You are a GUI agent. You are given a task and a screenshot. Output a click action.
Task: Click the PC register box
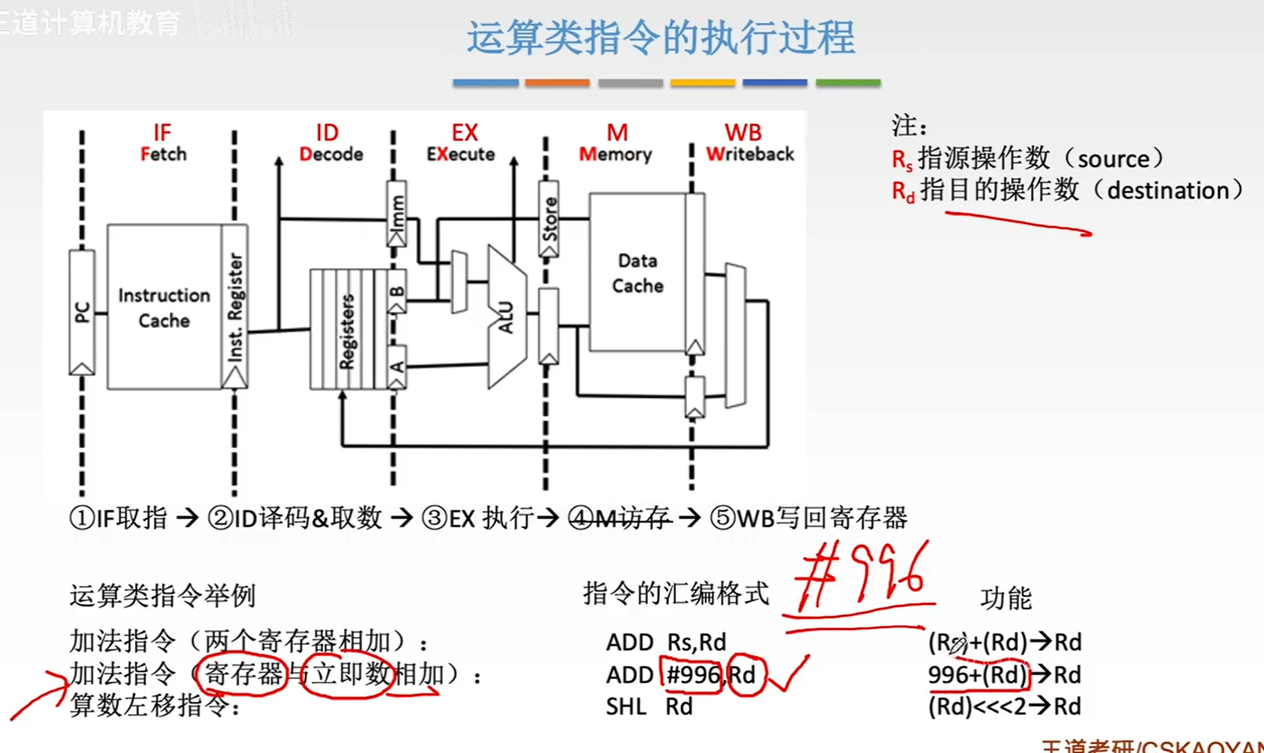click(82, 312)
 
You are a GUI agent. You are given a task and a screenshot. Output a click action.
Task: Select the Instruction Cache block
click(164, 307)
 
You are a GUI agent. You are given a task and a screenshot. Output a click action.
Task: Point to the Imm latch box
click(397, 213)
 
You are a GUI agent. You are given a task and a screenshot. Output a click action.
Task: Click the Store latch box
click(549, 218)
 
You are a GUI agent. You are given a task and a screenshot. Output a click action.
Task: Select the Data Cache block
click(637, 273)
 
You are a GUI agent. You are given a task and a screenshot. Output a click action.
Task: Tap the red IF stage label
click(162, 133)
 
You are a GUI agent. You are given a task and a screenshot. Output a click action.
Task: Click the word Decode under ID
click(331, 154)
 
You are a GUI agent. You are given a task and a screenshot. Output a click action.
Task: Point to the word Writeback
click(749, 154)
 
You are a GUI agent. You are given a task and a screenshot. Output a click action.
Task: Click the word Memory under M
click(615, 154)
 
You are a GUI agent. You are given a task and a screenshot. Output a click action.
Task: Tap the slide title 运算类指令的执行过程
click(660, 37)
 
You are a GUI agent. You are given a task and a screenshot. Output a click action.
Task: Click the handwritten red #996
click(862, 579)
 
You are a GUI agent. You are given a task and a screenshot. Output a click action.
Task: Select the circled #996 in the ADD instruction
click(692, 675)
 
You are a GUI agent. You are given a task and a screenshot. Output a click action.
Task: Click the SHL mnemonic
click(626, 707)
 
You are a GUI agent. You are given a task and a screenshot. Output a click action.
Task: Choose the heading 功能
click(1006, 598)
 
